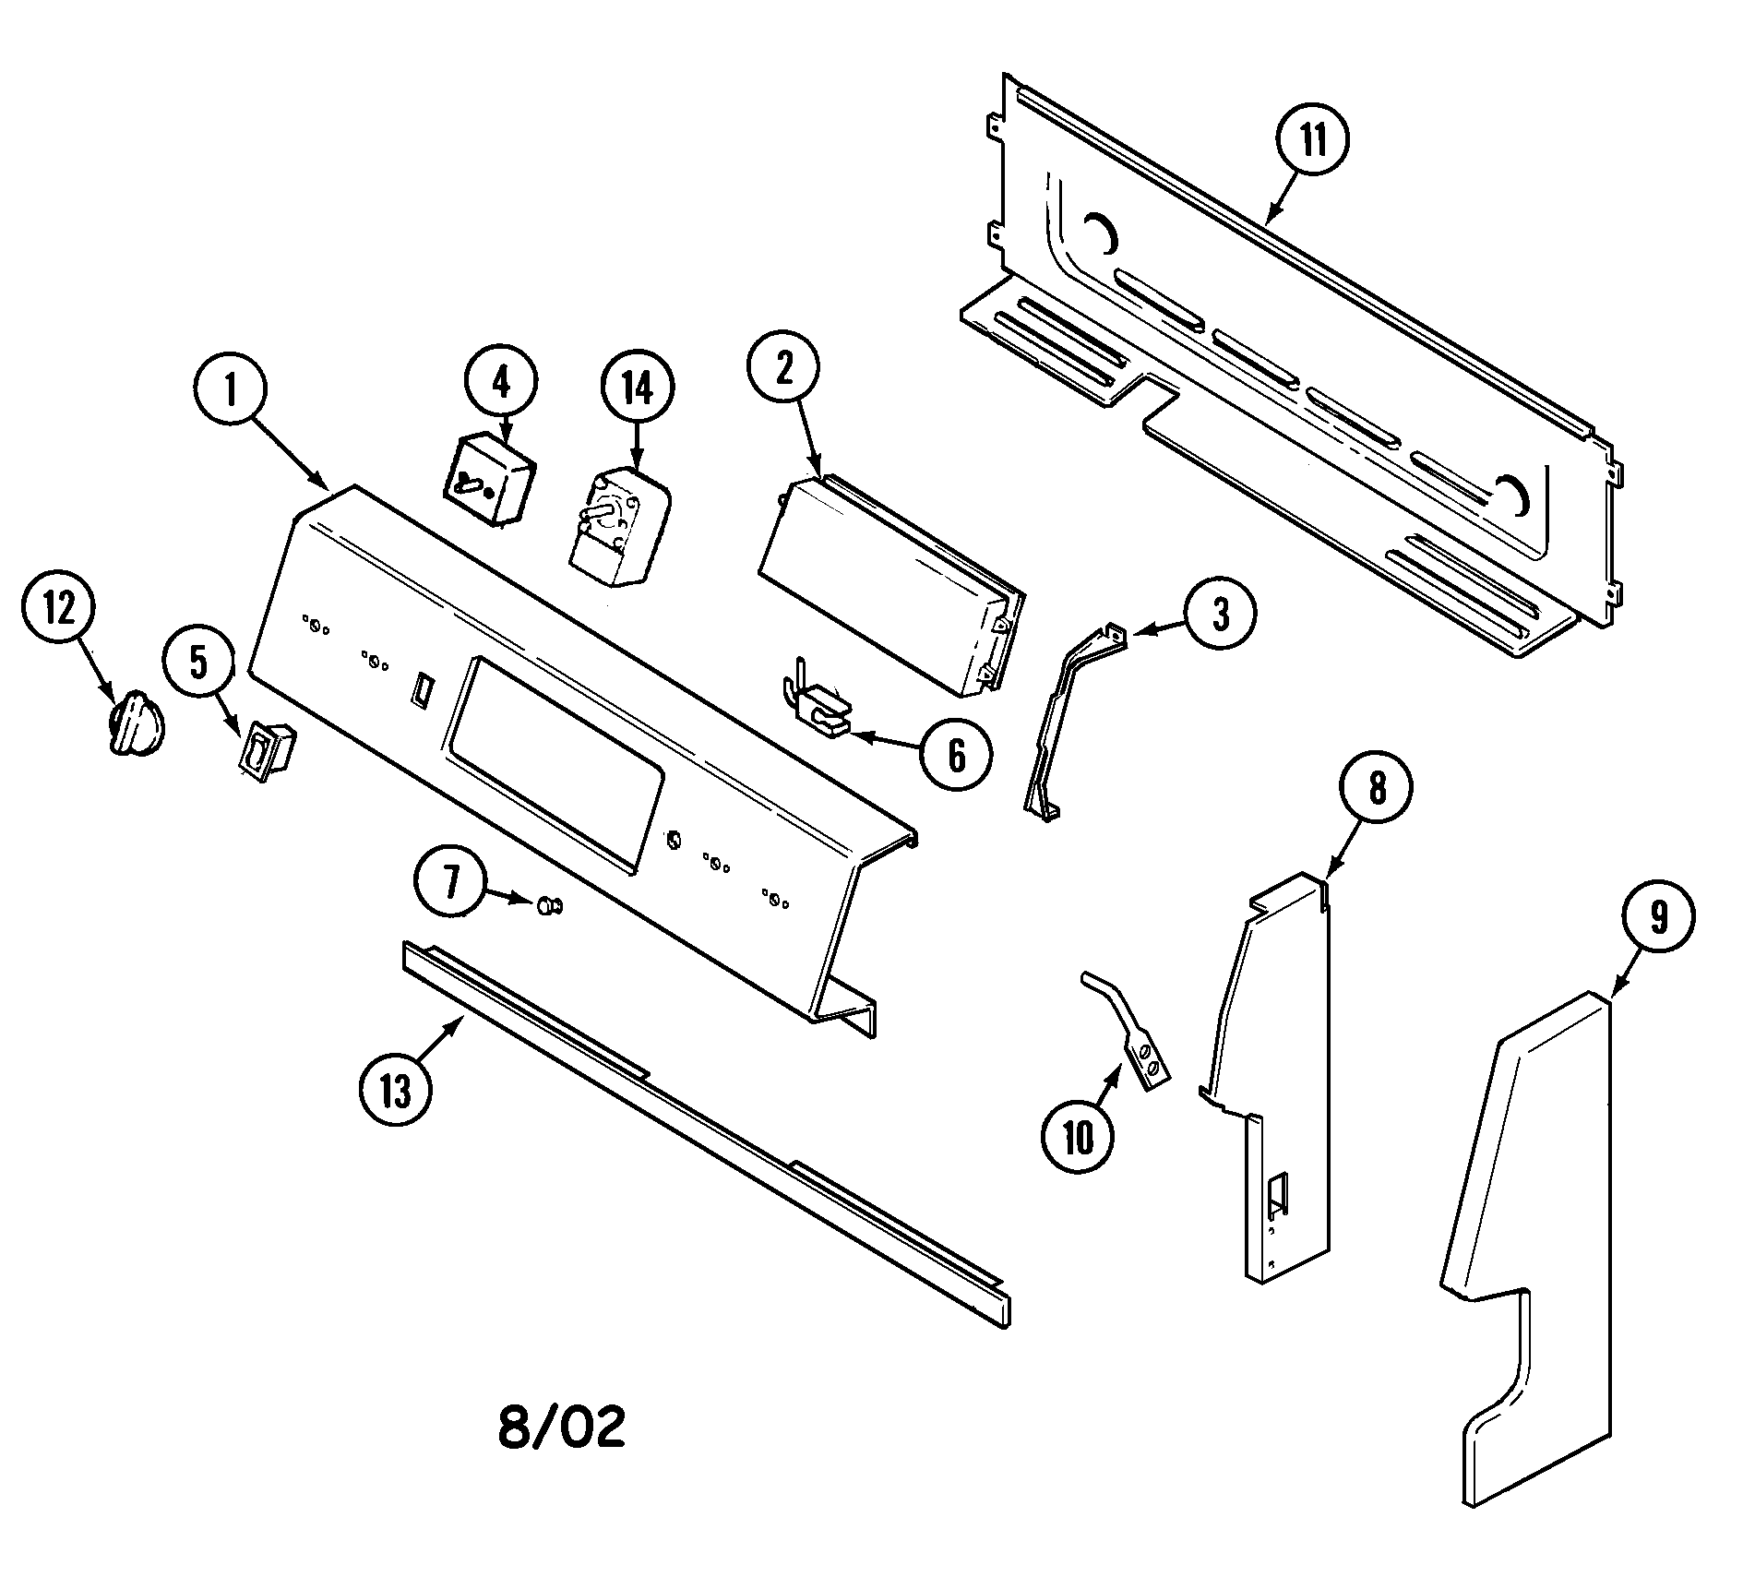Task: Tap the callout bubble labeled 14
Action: (x=638, y=389)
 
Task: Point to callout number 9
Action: (x=1658, y=918)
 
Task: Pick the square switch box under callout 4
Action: (x=489, y=491)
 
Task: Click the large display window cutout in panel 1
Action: (x=554, y=765)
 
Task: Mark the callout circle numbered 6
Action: (x=957, y=755)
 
